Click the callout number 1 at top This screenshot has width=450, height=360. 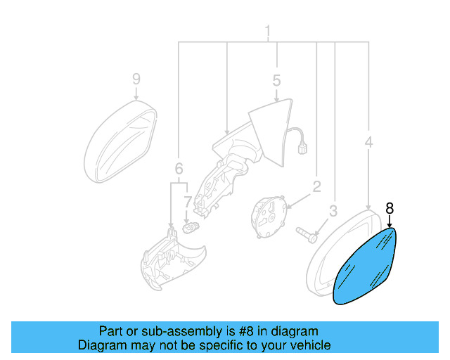point(268,31)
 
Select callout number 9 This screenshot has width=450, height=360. point(136,79)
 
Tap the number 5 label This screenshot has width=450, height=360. point(276,80)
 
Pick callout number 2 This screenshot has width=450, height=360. point(316,186)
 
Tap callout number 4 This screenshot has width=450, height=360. point(368,143)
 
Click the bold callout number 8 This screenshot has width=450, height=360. point(390,207)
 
